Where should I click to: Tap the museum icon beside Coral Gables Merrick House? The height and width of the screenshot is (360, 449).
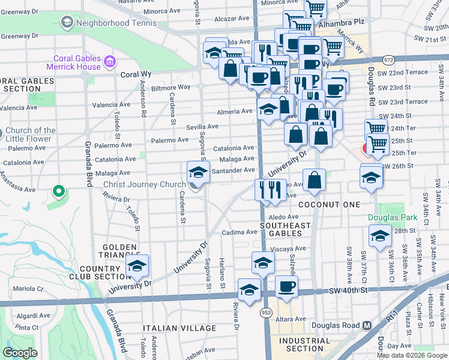tap(110, 62)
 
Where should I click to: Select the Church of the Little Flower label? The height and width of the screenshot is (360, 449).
tap(37, 136)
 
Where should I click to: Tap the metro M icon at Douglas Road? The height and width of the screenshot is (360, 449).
tap(367, 325)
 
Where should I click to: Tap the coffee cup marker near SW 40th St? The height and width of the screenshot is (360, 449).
tap(287, 287)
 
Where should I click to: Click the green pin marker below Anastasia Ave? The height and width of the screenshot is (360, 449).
tap(58, 191)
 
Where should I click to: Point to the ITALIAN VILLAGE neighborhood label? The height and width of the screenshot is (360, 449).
tap(179, 328)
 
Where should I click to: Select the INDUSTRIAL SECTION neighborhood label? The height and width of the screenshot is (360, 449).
tap(305, 344)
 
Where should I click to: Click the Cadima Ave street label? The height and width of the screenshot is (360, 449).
tap(240, 232)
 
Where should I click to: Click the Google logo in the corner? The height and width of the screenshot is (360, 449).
tap(20, 352)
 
